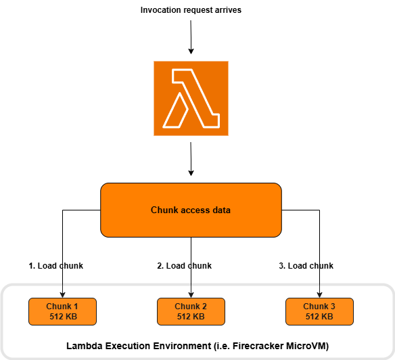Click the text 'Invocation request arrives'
coord(190,10)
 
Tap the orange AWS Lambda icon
coord(191,97)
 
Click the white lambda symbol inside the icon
coord(191,98)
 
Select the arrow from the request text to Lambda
coord(191,37)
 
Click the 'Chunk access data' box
coord(191,210)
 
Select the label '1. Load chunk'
coord(55,266)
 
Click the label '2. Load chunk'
coord(184,266)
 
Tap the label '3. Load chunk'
coord(306,266)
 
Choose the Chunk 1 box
coord(62,311)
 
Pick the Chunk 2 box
coord(191,311)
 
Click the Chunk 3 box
coord(319,311)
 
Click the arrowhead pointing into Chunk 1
coord(62,294)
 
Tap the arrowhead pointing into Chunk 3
coord(319,294)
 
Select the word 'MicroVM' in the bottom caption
coord(307,346)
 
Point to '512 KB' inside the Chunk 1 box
coord(62,316)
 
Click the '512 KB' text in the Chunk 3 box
coord(319,316)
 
